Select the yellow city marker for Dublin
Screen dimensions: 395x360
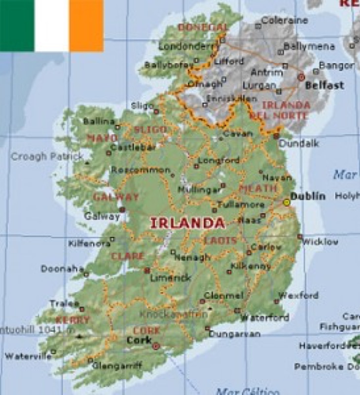[287, 202]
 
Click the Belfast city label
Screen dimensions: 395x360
[324, 85]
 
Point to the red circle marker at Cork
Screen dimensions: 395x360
[156, 346]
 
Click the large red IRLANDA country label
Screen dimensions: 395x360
[187, 223]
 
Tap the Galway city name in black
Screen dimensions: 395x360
[102, 216]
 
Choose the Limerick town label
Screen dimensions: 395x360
[170, 278]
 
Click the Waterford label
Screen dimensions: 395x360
[264, 317]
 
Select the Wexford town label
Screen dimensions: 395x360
[299, 296]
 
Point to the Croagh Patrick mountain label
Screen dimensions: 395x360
[47, 157]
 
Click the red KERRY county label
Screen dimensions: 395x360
[73, 320]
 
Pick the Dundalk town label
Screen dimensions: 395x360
[299, 143]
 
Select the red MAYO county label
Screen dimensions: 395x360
[102, 138]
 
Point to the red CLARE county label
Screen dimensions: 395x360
[128, 256]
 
